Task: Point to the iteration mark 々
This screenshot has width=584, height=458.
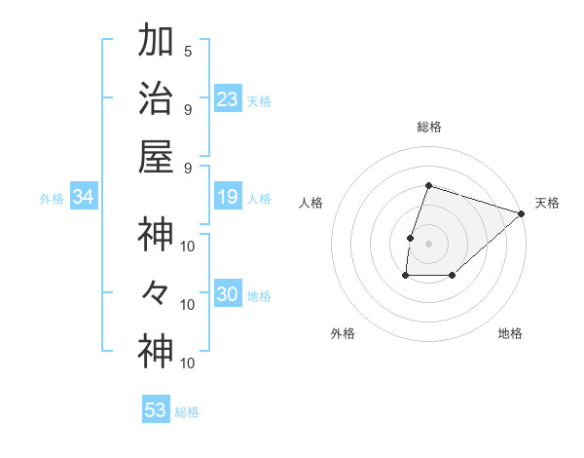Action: point(156,292)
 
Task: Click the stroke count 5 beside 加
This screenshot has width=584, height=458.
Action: point(187,51)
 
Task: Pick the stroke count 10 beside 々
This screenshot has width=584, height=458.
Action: point(188,304)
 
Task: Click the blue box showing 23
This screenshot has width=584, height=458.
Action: point(227,98)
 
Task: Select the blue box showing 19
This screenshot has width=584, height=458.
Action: point(227,197)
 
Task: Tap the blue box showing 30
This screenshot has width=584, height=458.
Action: point(227,294)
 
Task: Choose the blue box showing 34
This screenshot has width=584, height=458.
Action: point(84,197)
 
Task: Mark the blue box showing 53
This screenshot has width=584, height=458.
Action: point(156,410)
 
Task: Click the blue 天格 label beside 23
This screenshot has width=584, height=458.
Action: point(259,100)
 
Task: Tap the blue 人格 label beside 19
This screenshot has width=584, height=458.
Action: point(259,199)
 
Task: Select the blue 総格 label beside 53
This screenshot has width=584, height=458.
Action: point(187,412)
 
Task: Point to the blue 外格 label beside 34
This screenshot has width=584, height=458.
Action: point(52,199)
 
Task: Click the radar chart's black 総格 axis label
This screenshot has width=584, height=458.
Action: point(428,127)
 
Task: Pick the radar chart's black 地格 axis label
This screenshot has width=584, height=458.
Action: point(510,333)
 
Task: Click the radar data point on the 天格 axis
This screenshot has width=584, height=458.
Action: point(522,213)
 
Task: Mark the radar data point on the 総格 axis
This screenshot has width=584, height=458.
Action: point(428,185)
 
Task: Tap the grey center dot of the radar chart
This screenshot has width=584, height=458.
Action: point(428,244)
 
